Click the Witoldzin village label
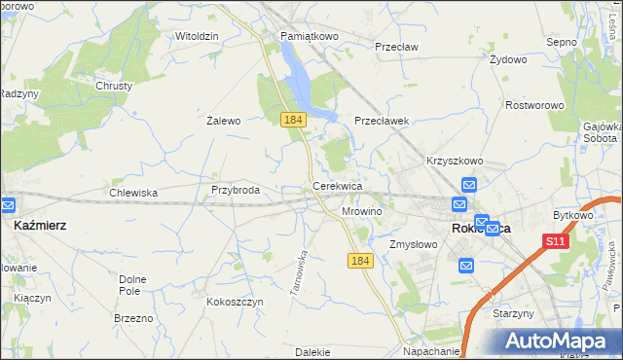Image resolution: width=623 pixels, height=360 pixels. click(x=196, y=36)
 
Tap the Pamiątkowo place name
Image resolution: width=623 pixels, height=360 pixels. click(x=309, y=36)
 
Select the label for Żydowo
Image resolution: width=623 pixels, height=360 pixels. click(x=508, y=59)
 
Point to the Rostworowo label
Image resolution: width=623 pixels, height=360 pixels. click(x=536, y=104)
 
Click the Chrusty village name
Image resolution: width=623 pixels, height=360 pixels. click(x=114, y=86)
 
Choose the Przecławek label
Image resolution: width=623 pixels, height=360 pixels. click(x=385, y=122)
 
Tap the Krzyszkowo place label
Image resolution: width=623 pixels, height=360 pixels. click(x=455, y=161)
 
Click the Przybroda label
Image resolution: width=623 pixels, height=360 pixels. click(x=236, y=191)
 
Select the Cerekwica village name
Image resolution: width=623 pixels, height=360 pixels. click(x=338, y=185)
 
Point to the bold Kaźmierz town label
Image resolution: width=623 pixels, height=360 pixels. click(x=40, y=225)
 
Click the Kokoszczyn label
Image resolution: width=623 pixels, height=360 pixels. click(x=235, y=303)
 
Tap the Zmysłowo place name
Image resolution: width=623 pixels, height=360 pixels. click(x=414, y=245)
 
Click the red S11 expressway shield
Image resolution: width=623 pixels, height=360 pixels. click(x=555, y=241)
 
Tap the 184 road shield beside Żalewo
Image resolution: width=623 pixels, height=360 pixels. click(x=293, y=119)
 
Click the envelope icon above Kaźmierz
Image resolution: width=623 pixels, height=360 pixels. click(x=7, y=205)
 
